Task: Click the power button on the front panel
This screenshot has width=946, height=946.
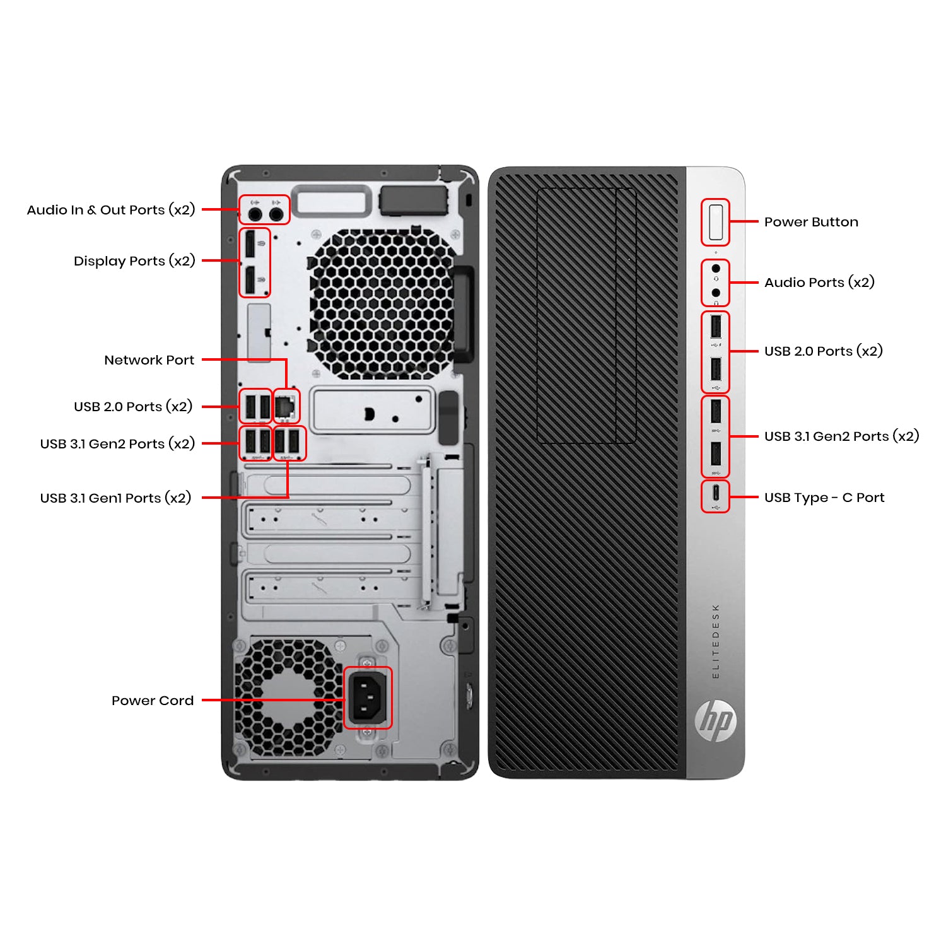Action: [x=715, y=222]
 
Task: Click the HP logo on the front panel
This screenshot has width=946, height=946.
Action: [x=715, y=720]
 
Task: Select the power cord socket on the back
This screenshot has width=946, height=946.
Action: [x=368, y=697]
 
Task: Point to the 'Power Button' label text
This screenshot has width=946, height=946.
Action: [x=810, y=222]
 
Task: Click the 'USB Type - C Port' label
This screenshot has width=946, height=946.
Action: [x=824, y=498]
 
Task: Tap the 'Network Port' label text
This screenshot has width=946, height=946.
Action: [x=149, y=360]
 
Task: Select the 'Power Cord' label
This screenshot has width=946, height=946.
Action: [x=152, y=701]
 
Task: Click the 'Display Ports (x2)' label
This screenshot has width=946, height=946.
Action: [x=134, y=261]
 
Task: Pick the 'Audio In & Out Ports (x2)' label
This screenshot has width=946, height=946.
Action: [x=111, y=210]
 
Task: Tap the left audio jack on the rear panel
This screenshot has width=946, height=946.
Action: [x=255, y=214]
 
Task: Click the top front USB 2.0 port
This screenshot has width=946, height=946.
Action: [x=715, y=327]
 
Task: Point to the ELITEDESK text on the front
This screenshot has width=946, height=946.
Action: [x=715, y=641]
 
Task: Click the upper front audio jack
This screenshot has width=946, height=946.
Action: [x=715, y=269]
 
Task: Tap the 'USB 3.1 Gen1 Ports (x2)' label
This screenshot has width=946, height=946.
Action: [x=115, y=498]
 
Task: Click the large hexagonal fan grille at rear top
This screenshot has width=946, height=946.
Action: [x=381, y=303]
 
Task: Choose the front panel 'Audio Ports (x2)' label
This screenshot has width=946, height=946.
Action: [x=819, y=283]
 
